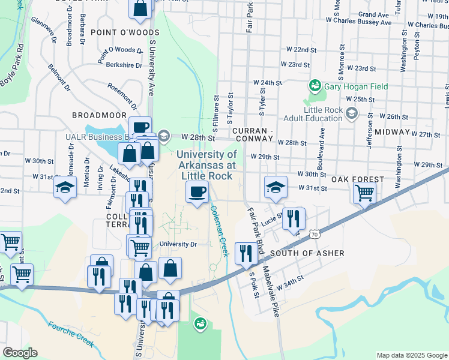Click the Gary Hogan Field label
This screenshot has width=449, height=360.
click(355, 87)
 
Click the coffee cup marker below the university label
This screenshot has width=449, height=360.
click(197, 192)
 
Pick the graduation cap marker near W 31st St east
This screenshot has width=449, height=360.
click(276, 187)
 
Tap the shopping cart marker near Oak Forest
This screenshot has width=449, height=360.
click(364, 193)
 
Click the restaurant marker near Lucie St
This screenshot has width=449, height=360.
click(294, 219)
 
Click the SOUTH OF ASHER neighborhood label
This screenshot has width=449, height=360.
click(307, 253)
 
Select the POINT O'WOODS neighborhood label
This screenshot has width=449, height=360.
click(119, 31)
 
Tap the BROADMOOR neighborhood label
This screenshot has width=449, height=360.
click(99, 115)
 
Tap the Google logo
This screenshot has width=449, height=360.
click(20, 353)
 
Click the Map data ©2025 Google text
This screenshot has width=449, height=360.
click(411, 355)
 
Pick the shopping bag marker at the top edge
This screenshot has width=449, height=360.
click(140, 8)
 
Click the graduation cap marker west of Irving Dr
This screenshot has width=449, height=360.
click(65, 187)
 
